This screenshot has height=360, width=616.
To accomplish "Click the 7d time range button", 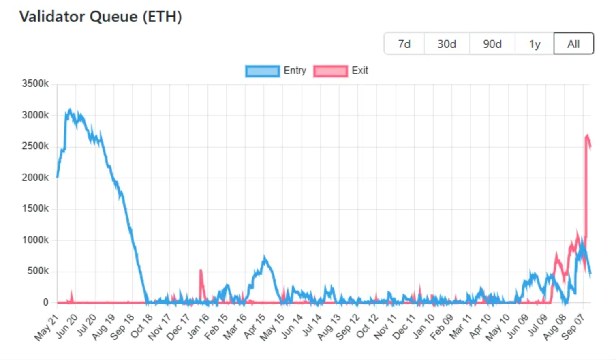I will (404, 44).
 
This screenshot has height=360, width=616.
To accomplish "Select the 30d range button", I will (447, 44).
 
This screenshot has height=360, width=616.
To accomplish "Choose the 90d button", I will (492, 44).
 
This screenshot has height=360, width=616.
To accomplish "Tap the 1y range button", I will (535, 44).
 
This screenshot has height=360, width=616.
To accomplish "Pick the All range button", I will (573, 44).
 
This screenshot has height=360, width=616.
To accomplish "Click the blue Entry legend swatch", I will (262, 71).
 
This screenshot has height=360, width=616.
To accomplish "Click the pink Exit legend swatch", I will (330, 71).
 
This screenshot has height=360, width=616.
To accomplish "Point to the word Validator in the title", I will (52, 17).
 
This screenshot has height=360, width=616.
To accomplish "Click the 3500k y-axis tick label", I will (35, 84).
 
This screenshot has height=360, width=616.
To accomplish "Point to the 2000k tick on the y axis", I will (35, 177).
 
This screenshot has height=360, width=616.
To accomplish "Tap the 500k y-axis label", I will (38, 271).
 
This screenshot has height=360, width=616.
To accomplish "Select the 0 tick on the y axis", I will (45, 302).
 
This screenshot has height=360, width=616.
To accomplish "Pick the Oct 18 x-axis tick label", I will (141, 327).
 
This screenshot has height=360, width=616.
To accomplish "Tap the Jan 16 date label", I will (198, 327).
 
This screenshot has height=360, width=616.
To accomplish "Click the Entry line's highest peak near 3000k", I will (70, 110).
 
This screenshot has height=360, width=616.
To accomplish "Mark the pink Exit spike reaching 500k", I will (201, 270).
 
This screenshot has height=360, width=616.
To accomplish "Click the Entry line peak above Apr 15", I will (265, 257).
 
